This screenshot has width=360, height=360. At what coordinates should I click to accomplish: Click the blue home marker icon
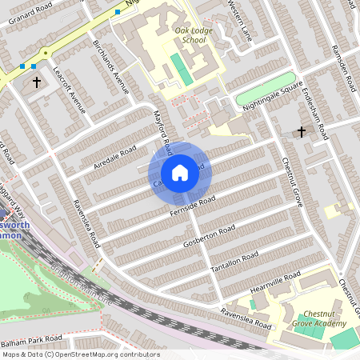180,172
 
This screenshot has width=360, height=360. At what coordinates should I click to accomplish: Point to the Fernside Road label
193,206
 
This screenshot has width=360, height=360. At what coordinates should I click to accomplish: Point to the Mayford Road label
163,133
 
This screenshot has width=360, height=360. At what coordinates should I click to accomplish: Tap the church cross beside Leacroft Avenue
36,82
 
